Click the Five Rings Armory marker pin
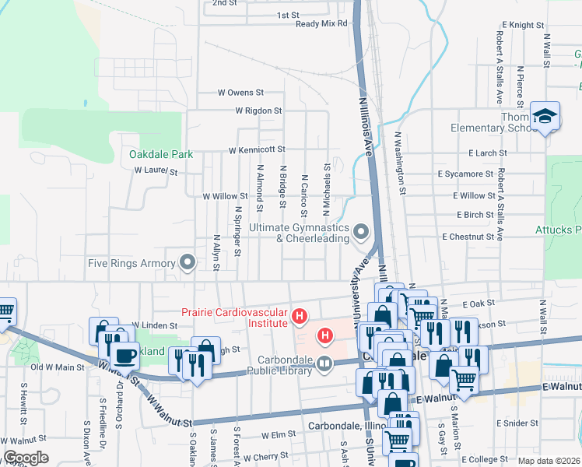pos(188,262)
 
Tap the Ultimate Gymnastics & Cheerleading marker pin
pos(360,231)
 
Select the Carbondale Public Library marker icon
pos(325,363)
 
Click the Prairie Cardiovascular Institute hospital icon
pos(300,317)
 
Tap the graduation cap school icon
pos(545,116)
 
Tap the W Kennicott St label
pos(257,149)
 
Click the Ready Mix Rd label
pos(321,24)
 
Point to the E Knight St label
pos(523,26)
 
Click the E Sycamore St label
pos(465,174)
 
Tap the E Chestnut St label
pos(468,236)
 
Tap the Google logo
pos(26,458)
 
